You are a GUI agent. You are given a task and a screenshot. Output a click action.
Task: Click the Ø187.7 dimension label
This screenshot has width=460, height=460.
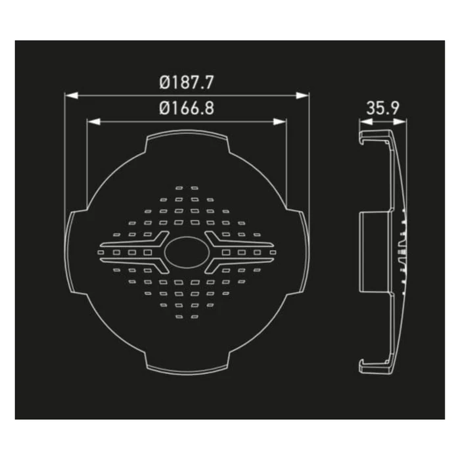[x=188, y=84]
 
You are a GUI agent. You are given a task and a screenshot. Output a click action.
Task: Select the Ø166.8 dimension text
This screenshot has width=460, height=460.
[x=187, y=109]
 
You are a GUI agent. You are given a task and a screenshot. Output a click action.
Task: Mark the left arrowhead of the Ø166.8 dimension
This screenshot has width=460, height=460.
[x=91, y=121]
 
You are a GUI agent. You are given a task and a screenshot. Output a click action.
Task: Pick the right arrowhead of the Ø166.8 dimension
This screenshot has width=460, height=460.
[x=283, y=121]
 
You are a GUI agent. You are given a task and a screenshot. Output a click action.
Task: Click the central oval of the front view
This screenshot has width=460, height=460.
[x=187, y=252]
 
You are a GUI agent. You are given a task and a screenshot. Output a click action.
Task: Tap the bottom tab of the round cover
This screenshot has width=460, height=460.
[x=187, y=363]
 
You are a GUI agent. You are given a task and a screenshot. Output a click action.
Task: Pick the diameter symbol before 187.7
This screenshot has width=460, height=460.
[x=165, y=84]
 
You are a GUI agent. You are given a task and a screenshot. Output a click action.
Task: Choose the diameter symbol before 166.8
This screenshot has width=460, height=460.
[x=164, y=109]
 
